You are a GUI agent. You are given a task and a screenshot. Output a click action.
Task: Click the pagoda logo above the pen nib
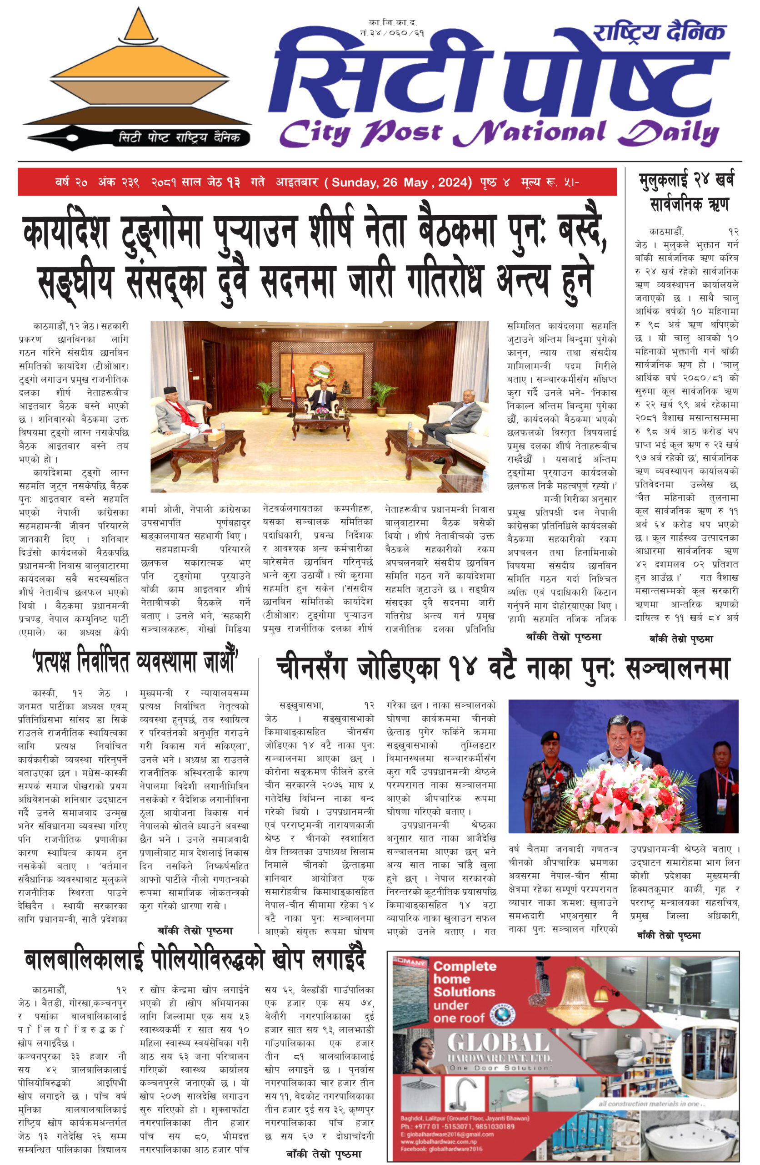point(138,73)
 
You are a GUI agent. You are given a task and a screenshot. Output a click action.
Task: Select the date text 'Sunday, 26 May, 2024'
point(401,182)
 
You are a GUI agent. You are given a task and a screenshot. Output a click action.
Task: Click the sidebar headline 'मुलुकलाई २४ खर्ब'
point(686,180)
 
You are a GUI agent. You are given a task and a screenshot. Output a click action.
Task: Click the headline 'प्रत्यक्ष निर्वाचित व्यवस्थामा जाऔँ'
point(135,662)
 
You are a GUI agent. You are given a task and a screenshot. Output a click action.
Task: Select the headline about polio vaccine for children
point(195,960)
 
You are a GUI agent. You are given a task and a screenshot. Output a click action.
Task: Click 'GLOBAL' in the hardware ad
point(498,1043)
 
